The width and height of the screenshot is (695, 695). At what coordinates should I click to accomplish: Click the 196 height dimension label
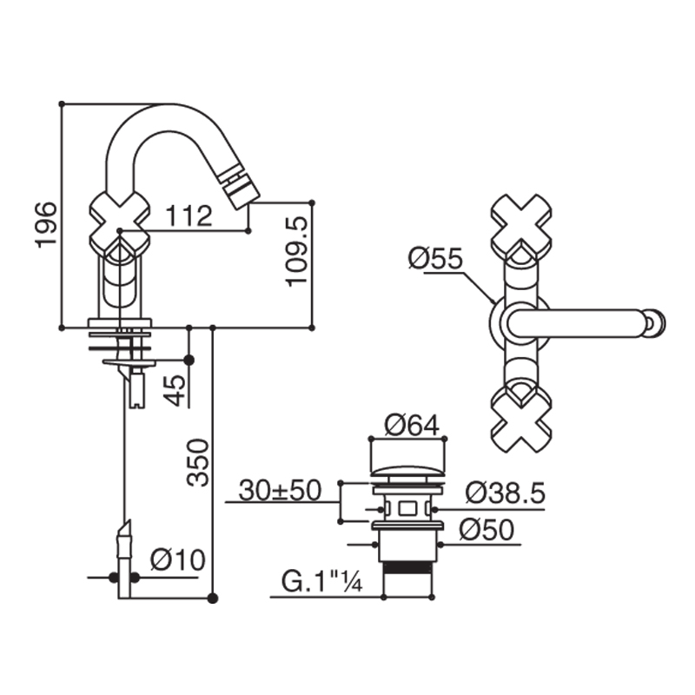[x=46, y=224]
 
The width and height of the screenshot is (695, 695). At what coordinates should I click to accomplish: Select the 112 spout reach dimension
[x=189, y=215]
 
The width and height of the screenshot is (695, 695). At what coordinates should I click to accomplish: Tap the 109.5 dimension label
[x=296, y=251]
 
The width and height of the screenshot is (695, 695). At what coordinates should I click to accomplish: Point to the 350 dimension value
[x=197, y=463]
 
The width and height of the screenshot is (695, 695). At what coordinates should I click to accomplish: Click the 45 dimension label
[x=175, y=390]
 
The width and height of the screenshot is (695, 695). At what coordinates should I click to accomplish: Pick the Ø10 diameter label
[x=178, y=559]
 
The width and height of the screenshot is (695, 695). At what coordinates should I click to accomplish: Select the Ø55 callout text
[x=435, y=258]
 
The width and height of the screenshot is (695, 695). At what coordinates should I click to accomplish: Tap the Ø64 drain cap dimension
[x=412, y=425]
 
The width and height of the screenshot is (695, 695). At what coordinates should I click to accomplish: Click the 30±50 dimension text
[x=279, y=490]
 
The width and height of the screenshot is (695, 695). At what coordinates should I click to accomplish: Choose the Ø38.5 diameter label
[x=505, y=493]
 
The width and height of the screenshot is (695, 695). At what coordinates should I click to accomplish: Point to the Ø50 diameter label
[x=486, y=529]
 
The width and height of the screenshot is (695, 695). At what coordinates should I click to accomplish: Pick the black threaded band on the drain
[x=407, y=568]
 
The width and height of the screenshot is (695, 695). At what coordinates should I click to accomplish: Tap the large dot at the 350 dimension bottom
[x=213, y=599]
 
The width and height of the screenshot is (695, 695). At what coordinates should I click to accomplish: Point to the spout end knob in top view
[x=656, y=322]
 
